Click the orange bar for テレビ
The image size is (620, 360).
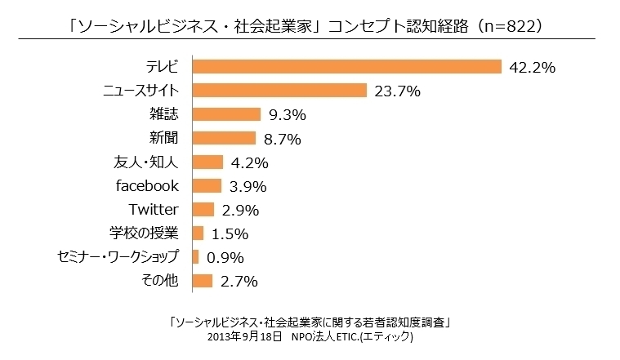346,67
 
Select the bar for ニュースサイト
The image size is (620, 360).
279,91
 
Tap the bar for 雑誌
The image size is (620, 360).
226,114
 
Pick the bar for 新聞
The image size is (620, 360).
224,138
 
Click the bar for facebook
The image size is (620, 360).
207,186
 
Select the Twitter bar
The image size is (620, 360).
203,210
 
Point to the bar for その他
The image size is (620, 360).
202,282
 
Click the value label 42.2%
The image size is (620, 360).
532,68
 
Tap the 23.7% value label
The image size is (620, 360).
397,91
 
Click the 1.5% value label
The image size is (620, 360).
230,234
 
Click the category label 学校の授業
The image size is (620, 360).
144,233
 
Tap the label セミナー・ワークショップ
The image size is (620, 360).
118,257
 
